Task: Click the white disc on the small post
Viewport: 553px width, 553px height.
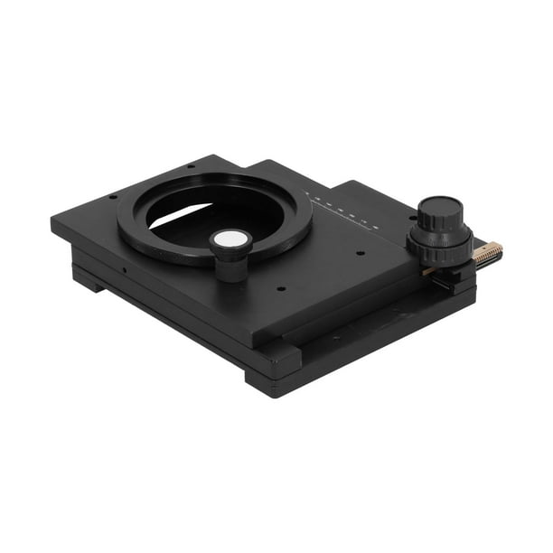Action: [x=230, y=239]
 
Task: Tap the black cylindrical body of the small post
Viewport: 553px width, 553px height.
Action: [x=230, y=265]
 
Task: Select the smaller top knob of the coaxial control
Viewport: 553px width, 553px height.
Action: [x=440, y=214]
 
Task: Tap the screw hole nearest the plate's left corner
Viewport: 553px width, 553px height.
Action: [x=112, y=197]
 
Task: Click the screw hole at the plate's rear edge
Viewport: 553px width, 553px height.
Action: [x=191, y=165]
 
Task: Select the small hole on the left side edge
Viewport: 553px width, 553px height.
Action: [x=121, y=268]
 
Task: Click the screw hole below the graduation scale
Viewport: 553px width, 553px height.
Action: [x=360, y=253]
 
